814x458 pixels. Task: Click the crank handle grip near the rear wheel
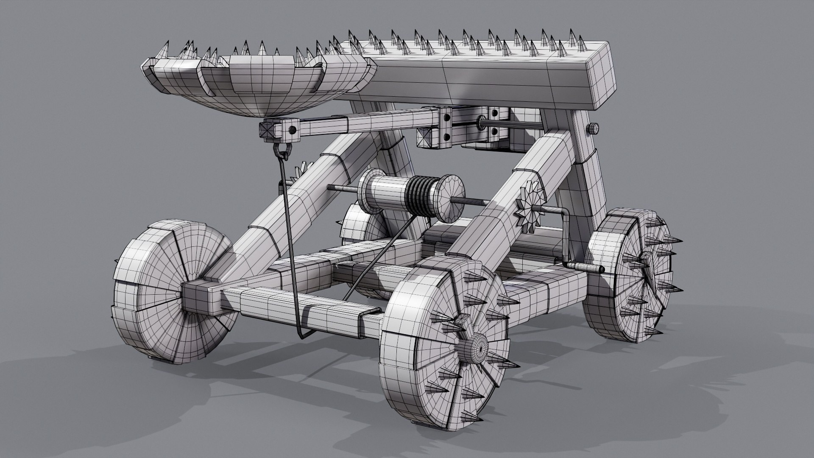[587, 267]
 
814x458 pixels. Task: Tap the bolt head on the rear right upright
[593, 128]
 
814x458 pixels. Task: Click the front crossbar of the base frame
[305, 307]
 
